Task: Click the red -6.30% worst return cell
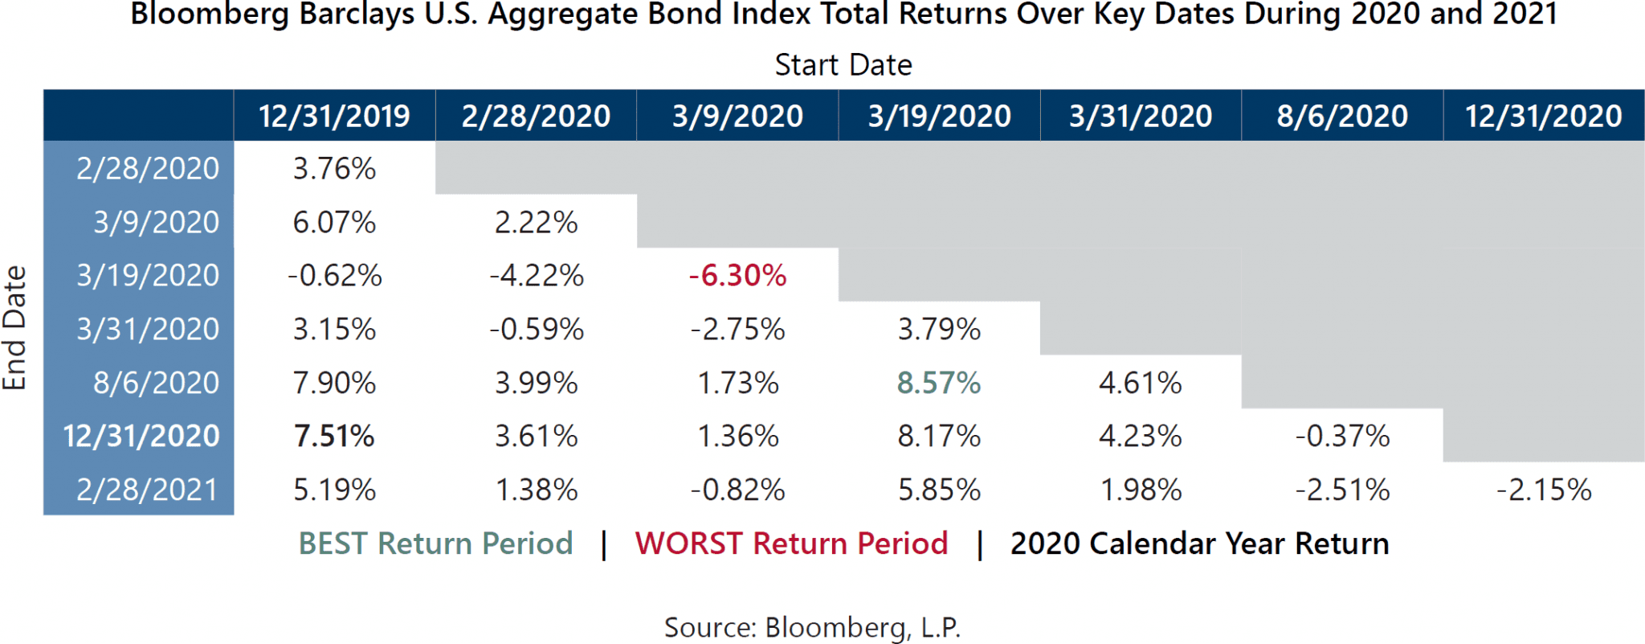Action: (737, 276)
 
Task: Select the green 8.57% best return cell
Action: (938, 383)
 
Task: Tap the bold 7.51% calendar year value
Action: (334, 437)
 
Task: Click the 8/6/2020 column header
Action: (1341, 117)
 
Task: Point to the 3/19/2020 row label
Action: (148, 276)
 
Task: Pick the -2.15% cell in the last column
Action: (1543, 490)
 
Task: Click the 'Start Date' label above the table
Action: (843, 65)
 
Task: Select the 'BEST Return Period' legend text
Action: (435, 544)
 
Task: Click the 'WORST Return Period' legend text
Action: (791, 544)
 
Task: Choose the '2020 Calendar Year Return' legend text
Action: (1199, 544)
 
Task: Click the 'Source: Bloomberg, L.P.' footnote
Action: (812, 627)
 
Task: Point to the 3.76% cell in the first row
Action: (334, 169)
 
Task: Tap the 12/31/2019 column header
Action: (334, 117)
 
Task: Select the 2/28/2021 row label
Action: (147, 490)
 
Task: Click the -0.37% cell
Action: (1341, 437)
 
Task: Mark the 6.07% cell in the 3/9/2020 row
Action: (334, 223)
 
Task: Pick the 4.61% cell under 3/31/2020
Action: (1140, 383)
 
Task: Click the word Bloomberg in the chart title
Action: (210, 14)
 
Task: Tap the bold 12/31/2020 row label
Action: (141, 437)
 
